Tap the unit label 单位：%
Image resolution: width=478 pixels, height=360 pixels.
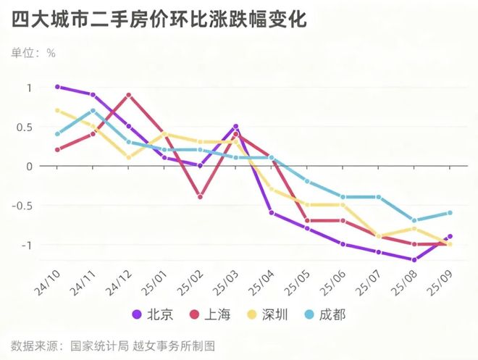33,53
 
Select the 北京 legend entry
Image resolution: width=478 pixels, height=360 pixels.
153,314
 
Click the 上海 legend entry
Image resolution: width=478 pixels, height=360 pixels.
211,314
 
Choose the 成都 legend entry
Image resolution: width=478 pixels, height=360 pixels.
329,314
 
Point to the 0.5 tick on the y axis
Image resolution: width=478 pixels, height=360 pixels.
25,127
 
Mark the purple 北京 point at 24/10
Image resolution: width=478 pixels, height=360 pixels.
57,87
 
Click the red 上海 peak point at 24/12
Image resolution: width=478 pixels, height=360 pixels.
128,95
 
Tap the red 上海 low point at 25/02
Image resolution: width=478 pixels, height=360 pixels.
200,197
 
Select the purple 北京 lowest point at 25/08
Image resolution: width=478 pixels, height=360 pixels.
414,260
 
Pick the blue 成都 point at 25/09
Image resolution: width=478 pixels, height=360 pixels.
450,213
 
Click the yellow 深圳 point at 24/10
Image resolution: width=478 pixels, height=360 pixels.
57,111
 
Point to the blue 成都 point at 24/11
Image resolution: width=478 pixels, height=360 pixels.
93,111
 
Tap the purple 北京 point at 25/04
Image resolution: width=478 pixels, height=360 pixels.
272,213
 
